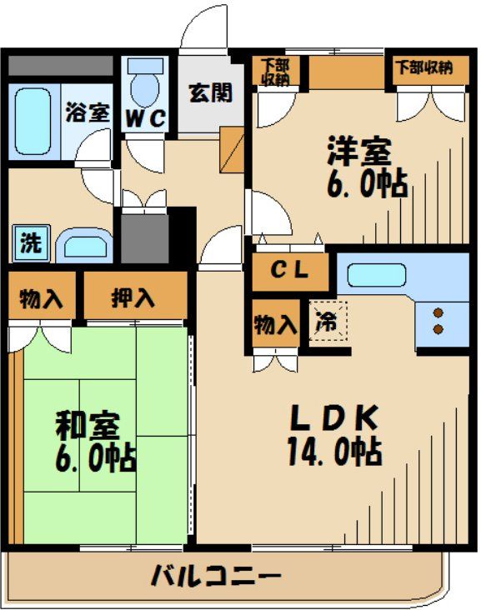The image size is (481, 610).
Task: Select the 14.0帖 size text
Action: pos(334,452)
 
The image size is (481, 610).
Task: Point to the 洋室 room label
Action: pos(358,151)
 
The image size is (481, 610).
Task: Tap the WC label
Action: pos(146,118)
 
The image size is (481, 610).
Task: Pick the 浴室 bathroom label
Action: pos(87,112)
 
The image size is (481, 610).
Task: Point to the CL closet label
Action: pos(290,270)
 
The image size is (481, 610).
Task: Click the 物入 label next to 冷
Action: pos(274,324)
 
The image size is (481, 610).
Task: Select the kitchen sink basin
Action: pos(376,274)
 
